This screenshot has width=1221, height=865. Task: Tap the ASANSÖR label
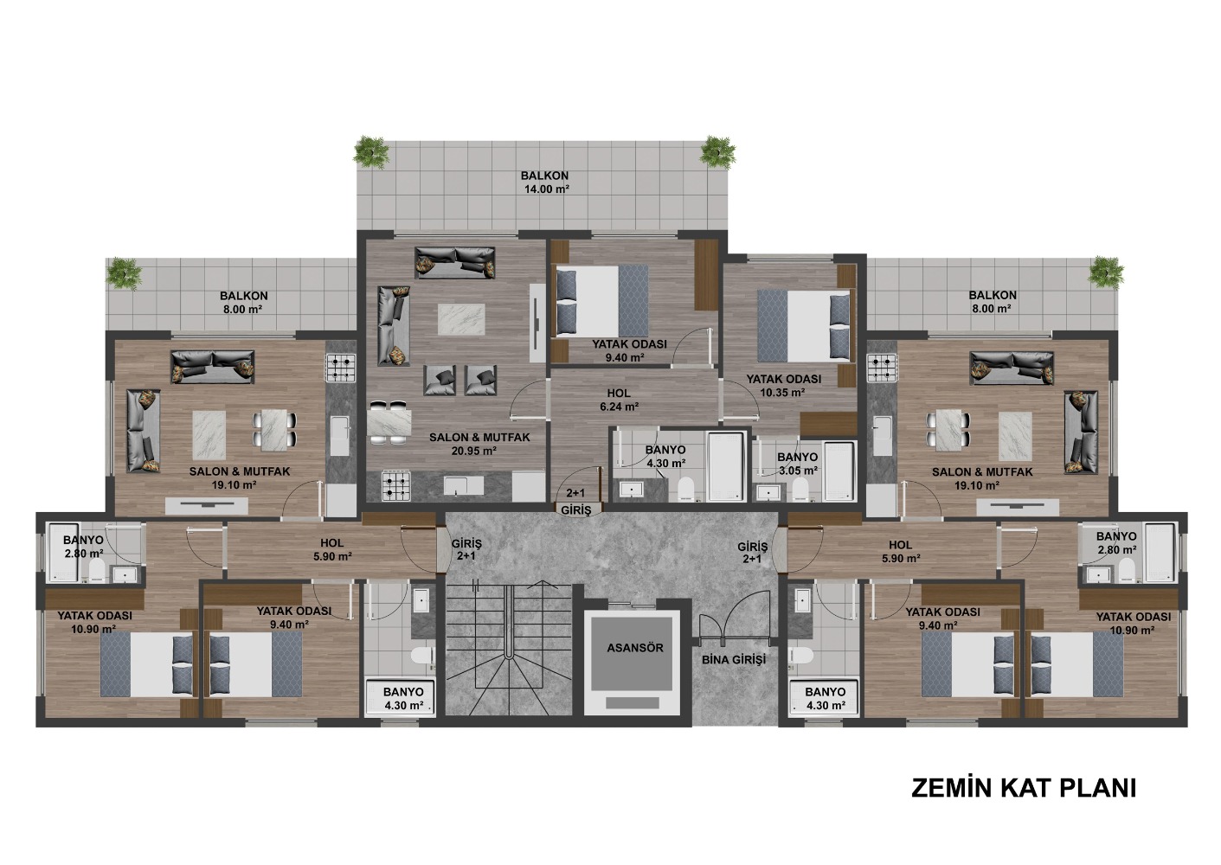(x=635, y=648)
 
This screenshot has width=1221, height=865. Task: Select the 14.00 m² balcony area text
(x=547, y=189)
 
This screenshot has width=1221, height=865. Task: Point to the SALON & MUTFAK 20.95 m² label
(x=479, y=444)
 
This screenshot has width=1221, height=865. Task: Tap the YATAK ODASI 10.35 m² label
(x=783, y=385)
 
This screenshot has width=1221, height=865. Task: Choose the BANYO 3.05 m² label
(x=797, y=464)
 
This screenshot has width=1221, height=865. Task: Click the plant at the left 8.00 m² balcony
(x=124, y=272)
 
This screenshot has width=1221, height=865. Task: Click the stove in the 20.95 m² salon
(x=395, y=486)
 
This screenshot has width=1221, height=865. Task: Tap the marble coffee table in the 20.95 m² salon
(x=460, y=320)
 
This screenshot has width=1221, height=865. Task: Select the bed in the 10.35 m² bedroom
(x=803, y=326)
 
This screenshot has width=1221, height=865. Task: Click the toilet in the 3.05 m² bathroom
(x=800, y=489)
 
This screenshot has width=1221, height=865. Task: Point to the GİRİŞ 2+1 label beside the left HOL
(x=466, y=549)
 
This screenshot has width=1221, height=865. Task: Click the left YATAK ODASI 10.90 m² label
(x=95, y=622)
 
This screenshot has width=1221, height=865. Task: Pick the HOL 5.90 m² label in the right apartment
(x=900, y=551)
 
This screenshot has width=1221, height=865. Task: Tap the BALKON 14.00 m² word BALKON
(x=544, y=176)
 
